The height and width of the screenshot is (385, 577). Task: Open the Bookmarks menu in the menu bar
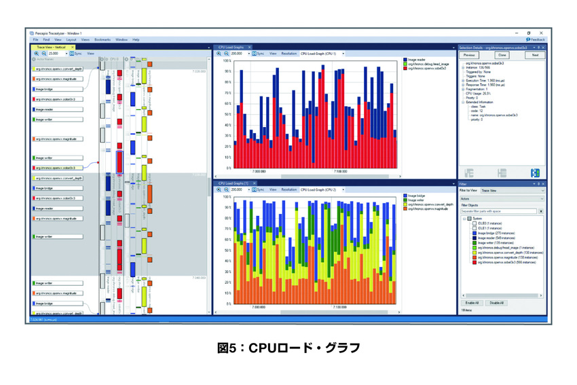[x=102, y=40]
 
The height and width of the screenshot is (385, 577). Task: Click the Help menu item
[x=136, y=40]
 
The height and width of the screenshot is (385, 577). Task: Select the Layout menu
[x=71, y=40]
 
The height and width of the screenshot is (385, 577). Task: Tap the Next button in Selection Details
[x=535, y=55]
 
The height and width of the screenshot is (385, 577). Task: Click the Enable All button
[x=472, y=303]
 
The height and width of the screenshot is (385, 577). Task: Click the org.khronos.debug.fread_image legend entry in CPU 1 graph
[x=429, y=65]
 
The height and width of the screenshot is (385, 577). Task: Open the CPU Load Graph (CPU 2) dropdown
[x=323, y=189]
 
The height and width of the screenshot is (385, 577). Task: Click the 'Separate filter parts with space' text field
[x=499, y=212]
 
